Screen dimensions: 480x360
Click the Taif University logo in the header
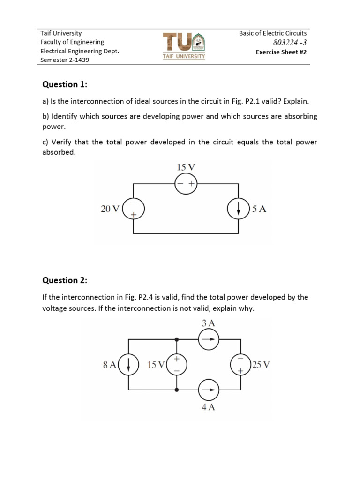coord(184,45)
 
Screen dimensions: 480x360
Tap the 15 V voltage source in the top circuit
coord(186,184)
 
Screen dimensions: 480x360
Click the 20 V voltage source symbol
coord(133,209)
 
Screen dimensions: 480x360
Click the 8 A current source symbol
coord(129,364)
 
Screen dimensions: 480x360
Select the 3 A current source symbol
coord(209,339)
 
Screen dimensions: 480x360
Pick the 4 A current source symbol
coord(209,390)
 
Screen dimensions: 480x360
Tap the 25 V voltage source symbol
coord(240,364)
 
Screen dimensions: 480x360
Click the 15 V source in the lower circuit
coord(177,364)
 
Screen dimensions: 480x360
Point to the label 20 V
coord(110,209)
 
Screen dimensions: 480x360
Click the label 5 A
coord(259,209)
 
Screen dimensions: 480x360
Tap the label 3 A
coord(209,323)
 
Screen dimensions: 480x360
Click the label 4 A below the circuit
coord(209,407)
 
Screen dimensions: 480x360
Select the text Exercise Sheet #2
coord(281,52)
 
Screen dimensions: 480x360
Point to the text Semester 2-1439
coord(65,60)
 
